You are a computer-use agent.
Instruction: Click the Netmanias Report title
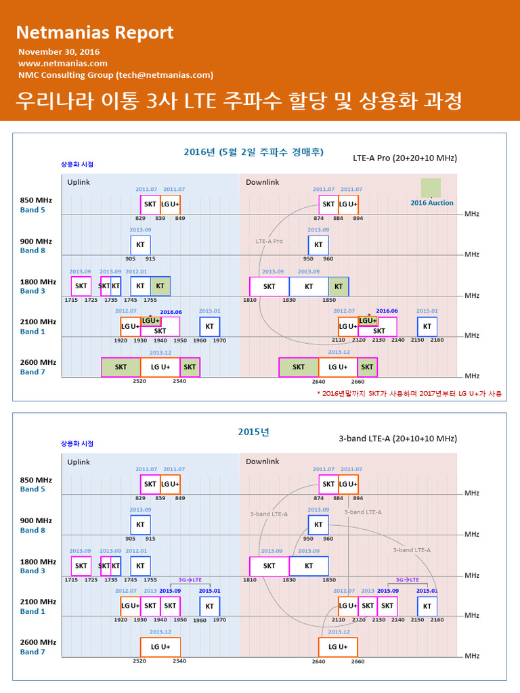[x=95, y=32]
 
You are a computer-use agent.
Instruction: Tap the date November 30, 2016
[x=59, y=52]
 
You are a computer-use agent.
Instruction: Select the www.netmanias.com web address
[x=63, y=64]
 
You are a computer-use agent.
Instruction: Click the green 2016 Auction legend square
[x=431, y=187]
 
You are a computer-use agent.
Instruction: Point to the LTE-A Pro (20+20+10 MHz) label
[x=405, y=158]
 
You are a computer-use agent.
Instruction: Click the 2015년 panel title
[x=253, y=431]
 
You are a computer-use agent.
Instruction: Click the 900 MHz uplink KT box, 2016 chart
[x=140, y=245]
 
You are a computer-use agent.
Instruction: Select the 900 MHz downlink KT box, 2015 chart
[x=318, y=524]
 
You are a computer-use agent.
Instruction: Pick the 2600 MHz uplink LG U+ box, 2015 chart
[x=160, y=647]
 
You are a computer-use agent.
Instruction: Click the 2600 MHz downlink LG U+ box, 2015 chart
[x=338, y=647]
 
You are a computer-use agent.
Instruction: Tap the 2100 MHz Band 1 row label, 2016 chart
[x=38, y=327]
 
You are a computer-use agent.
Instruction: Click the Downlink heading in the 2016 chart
[x=262, y=182]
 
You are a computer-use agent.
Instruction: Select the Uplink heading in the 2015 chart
[x=79, y=462]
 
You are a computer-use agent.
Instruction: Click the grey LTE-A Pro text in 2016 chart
[x=269, y=241]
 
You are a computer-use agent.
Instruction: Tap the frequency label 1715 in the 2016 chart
[x=71, y=300]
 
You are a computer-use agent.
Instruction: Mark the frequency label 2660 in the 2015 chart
[x=357, y=662]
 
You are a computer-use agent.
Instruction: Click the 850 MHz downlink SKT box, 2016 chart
[x=328, y=204]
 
